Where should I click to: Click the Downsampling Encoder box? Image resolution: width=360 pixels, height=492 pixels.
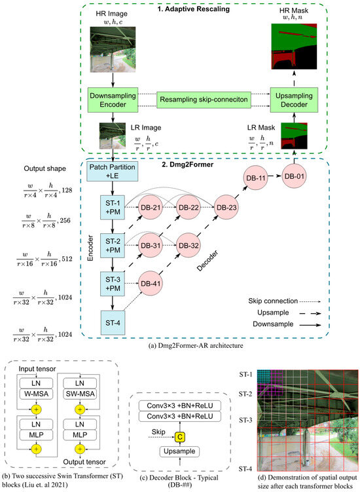[x=115, y=102]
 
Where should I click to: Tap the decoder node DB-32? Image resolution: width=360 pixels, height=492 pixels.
[x=189, y=246]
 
